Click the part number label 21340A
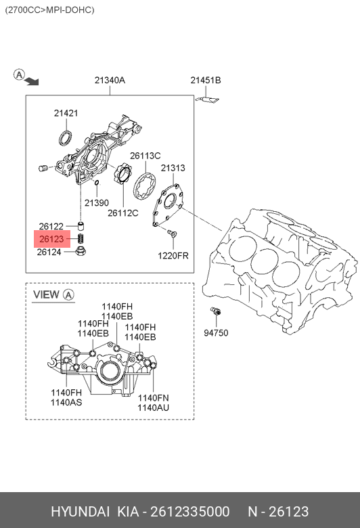pyautogui.click(x=110, y=80)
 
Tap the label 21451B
pyautogui.click(x=206, y=80)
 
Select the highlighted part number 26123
pyautogui.click(x=51, y=239)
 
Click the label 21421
pyautogui.click(x=66, y=113)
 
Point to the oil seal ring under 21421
pyautogui.click(x=66, y=138)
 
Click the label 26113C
pyautogui.click(x=145, y=156)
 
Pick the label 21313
pyautogui.click(x=173, y=168)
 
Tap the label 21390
pyautogui.click(x=97, y=202)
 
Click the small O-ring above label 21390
pyautogui.click(x=97, y=183)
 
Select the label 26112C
pyautogui.click(x=123, y=213)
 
